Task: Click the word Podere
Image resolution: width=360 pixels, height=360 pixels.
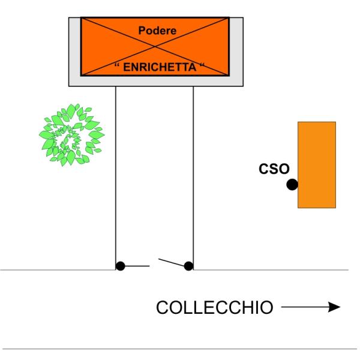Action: tap(154, 30)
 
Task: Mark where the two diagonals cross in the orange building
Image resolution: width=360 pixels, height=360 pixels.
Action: tap(154, 47)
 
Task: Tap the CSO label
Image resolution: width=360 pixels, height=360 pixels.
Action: tap(274, 170)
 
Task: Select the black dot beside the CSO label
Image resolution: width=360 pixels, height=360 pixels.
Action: tap(292, 185)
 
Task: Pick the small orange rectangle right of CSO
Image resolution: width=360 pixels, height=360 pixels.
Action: tap(317, 164)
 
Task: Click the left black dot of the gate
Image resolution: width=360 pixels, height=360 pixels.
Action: tap(120, 266)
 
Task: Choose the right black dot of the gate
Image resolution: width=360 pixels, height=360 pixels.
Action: tap(188, 266)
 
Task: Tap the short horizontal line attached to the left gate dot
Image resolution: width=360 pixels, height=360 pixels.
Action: tap(137, 266)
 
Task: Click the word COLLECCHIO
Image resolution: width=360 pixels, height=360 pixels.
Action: tap(214, 308)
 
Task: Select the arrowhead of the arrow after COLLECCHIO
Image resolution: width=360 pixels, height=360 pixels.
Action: tap(334, 307)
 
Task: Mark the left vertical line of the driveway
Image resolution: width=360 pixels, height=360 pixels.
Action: tap(115, 180)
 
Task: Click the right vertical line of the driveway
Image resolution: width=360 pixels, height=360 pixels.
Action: tap(193, 180)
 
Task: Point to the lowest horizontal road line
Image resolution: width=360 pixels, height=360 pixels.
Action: tap(180, 349)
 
